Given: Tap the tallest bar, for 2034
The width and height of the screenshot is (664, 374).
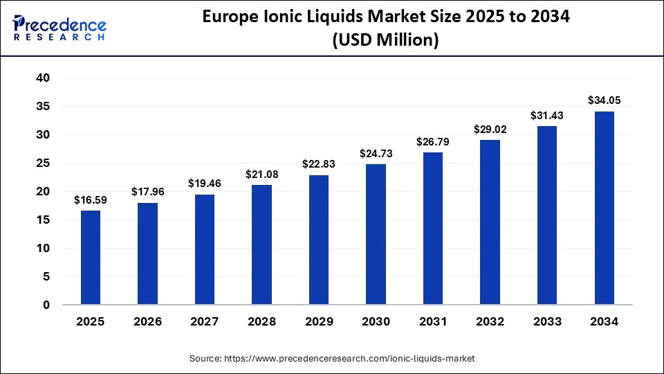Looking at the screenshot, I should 604,208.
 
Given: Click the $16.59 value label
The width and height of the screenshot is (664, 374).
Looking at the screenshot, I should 91,201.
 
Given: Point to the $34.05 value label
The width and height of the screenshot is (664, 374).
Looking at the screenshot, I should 604,100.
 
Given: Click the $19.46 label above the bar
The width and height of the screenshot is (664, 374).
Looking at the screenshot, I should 205,184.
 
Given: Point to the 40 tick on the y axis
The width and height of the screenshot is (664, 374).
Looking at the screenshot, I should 43,78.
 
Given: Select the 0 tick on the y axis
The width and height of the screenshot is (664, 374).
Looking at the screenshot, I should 46,305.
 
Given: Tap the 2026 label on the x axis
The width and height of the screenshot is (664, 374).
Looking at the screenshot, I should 147,321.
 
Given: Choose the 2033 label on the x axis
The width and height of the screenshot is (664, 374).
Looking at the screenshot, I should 546,321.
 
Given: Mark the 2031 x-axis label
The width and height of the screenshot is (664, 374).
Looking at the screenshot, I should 432,321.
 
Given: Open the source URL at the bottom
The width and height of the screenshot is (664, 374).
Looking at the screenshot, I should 332,359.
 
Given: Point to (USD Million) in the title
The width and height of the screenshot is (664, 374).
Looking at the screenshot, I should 385,41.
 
